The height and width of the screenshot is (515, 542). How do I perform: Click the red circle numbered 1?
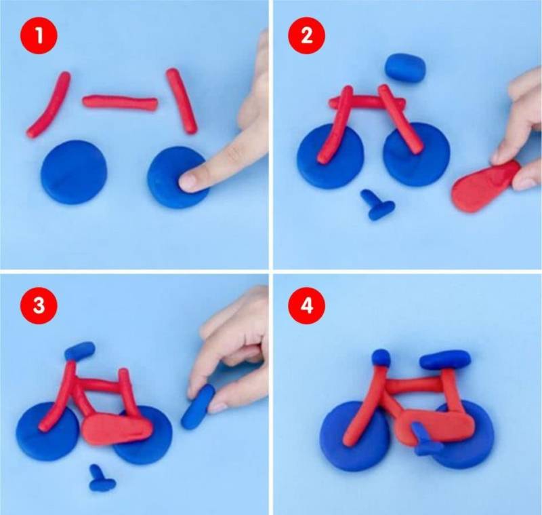coord(39,35)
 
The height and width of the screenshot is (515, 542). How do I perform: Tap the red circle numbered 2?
coord(307,35)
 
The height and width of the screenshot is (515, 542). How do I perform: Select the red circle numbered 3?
coord(39,306)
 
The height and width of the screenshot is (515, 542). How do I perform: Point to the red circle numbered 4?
coord(307,306)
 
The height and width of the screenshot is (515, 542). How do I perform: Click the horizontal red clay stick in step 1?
coord(120,102)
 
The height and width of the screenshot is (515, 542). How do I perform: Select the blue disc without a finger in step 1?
coord(74,172)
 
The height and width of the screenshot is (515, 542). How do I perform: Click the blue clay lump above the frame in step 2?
coord(405,67)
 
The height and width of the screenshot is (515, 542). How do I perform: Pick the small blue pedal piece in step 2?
coord(377,205)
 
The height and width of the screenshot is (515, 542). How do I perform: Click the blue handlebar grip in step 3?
coord(79,351)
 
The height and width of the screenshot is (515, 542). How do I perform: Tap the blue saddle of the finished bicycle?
coord(445,360)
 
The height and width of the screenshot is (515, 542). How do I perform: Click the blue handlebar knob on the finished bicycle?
coord(381,358)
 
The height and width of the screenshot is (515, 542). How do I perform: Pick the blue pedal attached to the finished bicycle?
coord(426,439)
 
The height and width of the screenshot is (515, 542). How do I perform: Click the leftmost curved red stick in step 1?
coord(48,104)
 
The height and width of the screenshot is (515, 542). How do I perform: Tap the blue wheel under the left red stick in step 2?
coord(331,156)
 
